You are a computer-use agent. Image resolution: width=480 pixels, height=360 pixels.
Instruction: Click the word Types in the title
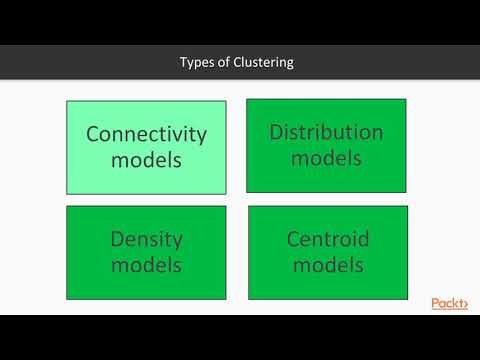tap(197, 63)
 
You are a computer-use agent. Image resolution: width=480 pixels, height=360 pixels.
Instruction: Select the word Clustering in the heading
tap(263, 63)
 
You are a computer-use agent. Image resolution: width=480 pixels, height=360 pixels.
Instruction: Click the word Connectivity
tap(146, 134)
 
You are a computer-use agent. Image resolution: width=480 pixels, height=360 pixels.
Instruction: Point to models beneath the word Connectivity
tap(146, 160)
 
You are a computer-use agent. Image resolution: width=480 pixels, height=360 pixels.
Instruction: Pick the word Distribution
tap(326, 132)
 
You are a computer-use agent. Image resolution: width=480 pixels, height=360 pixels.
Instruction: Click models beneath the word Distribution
tap(326, 158)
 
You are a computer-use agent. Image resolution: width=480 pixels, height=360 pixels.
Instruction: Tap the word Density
tap(146, 240)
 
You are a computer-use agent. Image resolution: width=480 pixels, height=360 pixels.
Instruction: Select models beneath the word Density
tap(146, 265)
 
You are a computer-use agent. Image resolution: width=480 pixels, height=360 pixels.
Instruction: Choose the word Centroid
tap(328, 240)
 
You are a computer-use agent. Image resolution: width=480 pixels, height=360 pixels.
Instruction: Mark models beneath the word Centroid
tap(328, 265)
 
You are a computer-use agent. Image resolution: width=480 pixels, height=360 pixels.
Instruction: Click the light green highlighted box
tap(146, 147)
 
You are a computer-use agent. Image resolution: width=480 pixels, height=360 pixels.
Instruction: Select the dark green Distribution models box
tap(326, 145)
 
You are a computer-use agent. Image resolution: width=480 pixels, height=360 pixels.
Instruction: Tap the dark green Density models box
tap(146, 252)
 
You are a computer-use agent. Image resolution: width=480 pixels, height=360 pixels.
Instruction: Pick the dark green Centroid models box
tap(328, 252)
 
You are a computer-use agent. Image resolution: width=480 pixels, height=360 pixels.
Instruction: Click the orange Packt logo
tap(449, 303)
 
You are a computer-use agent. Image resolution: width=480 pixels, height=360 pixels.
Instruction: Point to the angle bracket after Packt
tap(464, 304)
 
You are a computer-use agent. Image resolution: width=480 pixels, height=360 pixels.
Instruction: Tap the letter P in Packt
tap(436, 303)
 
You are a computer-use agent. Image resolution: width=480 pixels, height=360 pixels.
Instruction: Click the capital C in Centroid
tap(294, 240)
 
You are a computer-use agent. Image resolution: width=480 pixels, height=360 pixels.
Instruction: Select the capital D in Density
tap(117, 240)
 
